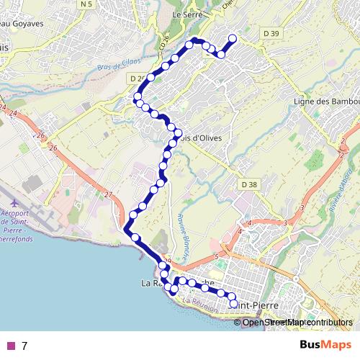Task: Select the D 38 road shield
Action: click(249, 184)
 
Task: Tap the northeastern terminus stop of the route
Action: click(232, 39)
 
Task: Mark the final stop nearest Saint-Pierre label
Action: click(233, 304)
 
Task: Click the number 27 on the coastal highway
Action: click(108, 195)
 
